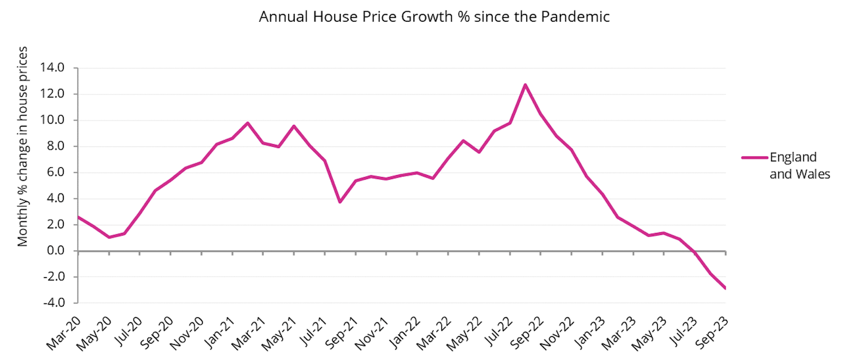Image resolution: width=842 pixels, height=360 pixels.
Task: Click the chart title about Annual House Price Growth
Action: pos(434,17)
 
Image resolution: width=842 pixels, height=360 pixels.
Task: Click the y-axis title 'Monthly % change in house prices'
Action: pos(23,146)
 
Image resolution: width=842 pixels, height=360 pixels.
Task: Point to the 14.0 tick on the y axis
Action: pos(52,68)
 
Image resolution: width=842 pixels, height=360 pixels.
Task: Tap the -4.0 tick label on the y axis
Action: pos(52,303)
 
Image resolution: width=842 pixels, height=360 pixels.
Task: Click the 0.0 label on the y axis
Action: pos(55,251)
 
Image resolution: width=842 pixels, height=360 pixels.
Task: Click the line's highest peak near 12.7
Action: pos(525,84)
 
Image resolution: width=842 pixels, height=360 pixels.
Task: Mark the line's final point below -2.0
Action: pos(725,288)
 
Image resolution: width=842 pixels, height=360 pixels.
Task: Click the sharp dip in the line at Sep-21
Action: pos(340,202)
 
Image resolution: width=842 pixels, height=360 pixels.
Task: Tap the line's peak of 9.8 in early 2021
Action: pos(247,123)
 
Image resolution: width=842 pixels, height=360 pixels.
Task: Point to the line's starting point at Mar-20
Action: pos(78,217)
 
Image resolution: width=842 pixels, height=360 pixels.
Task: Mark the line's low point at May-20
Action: pos(109,237)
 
